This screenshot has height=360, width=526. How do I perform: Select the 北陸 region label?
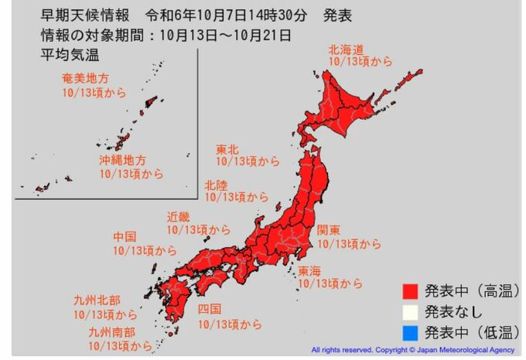(217, 185)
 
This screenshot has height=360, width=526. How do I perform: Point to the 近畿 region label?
(179, 217)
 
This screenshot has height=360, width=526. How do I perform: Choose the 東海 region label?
(311, 270)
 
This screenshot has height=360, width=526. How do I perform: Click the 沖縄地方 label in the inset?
(122, 161)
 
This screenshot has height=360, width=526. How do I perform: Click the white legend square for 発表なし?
(411, 313)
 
